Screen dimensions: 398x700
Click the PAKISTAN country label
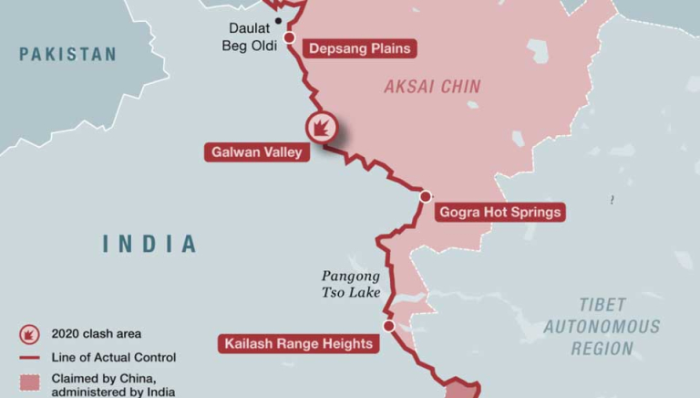click(x=68, y=54)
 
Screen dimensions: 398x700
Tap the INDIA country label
click(x=149, y=244)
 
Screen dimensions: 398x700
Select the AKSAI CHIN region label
click(x=432, y=87)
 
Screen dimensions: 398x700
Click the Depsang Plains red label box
click(x=359, y=48)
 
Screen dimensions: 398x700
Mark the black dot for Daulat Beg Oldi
click(x=278, y=20)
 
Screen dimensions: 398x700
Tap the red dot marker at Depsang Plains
click(x=290, y=37)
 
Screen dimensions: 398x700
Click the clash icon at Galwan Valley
click(x=322, y=127)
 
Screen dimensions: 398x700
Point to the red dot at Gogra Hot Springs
click(x=425, y=196)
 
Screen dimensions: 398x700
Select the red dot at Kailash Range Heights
click(x=388, y=325)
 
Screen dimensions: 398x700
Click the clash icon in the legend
click(x=28, y=334)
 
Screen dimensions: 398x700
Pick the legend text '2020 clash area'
click(x=97, y=334)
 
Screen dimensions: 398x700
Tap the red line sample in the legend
click(x=28, y=358)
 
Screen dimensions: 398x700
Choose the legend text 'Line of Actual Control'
click(x=114, y=358)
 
